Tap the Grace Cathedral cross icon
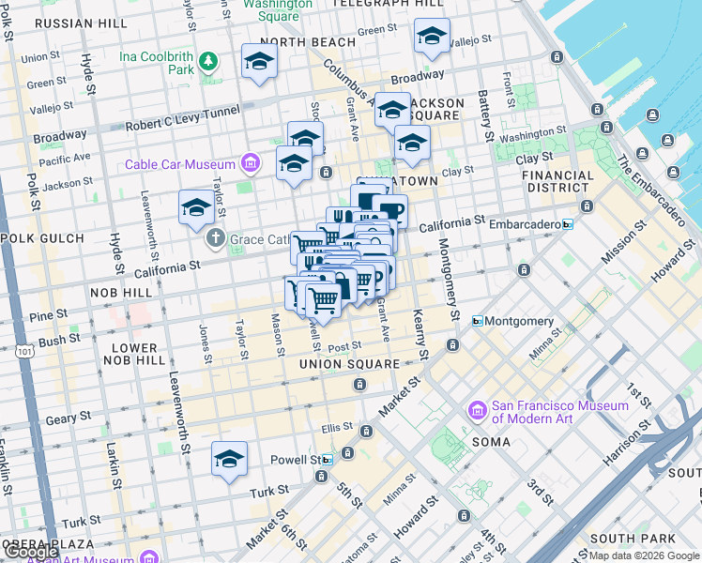click(216, 239)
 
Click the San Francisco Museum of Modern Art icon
click(478, 411)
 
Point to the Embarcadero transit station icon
click(567, 225)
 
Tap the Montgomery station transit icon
click(478, 321)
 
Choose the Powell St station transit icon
click(326, 460)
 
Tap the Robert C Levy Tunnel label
click(179, 124)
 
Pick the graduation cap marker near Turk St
click(228, 459)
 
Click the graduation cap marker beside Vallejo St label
click(431, 37)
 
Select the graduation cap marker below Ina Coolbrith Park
click(259, 62)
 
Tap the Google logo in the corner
click(31, 552)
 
